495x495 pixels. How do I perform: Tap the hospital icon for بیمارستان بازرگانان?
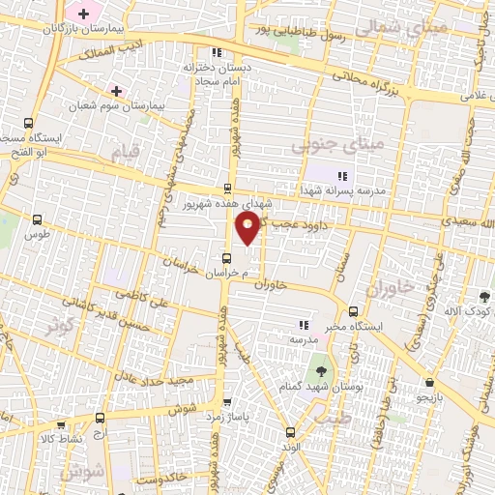[83, 14]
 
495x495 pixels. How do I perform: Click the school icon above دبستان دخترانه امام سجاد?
[217, 53]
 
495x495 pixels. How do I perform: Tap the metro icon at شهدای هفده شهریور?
[227, 189]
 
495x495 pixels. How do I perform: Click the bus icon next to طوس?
[38, 220]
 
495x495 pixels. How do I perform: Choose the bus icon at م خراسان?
[226, 258]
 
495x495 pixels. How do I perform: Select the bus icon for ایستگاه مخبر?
[354, 311]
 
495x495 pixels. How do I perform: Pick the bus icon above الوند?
[291, 431]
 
